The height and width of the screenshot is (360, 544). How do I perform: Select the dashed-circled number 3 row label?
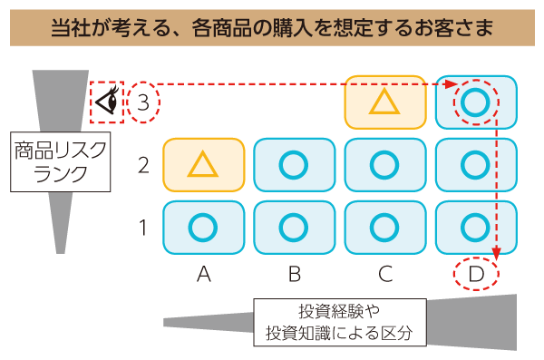[143, 102]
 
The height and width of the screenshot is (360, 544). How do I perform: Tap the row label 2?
[143, 165]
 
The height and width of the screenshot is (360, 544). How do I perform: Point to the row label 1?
[143, 227]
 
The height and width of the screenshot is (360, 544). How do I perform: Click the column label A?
[203, 272]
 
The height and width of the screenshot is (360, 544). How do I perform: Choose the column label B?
[294, 272]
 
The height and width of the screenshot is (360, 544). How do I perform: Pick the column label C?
[385, 272]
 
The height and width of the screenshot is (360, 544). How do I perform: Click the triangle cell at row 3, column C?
[385, 102]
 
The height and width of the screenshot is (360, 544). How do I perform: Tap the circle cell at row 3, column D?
[476, 102]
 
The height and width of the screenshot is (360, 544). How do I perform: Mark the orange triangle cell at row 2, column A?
[203, 165]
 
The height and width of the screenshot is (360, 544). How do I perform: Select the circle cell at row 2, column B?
[294, 165]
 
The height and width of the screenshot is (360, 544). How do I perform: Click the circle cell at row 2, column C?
[385, 165]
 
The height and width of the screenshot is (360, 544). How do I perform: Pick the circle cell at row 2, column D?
[476, 165]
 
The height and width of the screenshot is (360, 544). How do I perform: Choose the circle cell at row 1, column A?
[203, 227]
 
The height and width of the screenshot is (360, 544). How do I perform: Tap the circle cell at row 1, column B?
[294, 227]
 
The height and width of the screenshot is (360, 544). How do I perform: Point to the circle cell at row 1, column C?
[385, 227]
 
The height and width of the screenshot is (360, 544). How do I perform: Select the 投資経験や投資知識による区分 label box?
[339, 320]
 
